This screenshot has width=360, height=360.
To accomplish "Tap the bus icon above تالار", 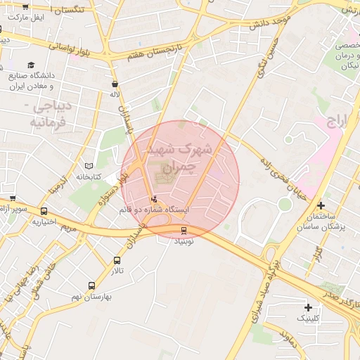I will pos(117,260).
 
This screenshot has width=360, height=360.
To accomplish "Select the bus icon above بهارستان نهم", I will pos(91,285).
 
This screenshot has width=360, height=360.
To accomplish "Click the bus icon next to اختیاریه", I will pos(44,211).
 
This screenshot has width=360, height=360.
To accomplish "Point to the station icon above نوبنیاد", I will pos(184,229).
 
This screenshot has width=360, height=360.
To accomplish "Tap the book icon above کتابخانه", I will pos(89,165).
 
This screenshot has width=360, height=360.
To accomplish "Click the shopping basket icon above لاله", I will pos(115,84).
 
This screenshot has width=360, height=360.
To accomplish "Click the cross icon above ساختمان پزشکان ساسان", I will pos(321,206).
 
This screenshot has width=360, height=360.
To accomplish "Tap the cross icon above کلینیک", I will pos(308,307).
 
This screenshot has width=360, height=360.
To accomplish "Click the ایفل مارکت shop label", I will pos(29,15).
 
